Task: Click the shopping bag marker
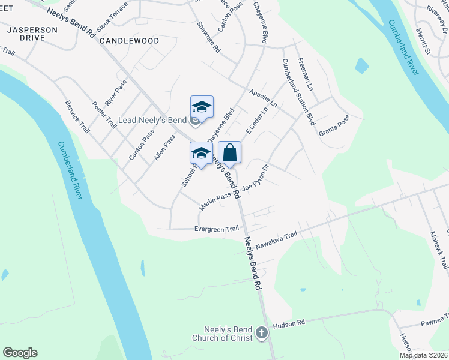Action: (x=229, y=153)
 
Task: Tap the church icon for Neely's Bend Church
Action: (x=261, y=332)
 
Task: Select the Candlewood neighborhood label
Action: (x=129, y=41)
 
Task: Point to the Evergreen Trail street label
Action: (x=217, y=229)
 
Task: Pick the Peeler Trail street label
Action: (x=104, y=115)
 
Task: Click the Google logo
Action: (x=20, y=353)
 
